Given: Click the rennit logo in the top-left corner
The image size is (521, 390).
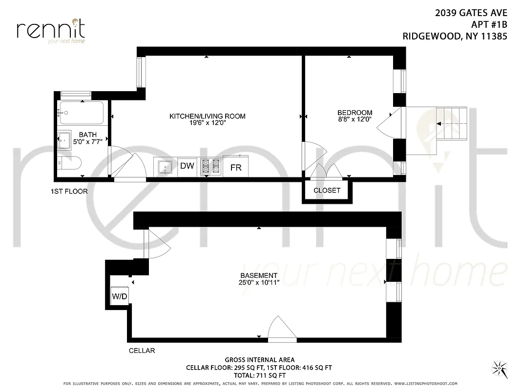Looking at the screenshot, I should (51, 30).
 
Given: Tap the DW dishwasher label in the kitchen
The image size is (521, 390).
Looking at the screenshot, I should (187, 166).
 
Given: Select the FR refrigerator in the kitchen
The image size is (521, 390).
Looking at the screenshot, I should (236, 167).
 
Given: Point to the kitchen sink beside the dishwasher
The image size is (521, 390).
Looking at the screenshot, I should (166, 167).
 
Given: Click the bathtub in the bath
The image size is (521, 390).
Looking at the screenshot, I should (81, 113).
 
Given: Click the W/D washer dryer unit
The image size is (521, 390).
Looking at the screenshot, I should (119, 296).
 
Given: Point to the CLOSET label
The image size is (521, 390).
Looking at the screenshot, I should (327, 190).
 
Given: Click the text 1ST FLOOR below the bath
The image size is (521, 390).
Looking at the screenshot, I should (69, 191).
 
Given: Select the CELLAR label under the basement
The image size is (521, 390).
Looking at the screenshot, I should (142, 351).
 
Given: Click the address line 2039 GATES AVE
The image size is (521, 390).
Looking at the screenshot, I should (471, 14).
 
